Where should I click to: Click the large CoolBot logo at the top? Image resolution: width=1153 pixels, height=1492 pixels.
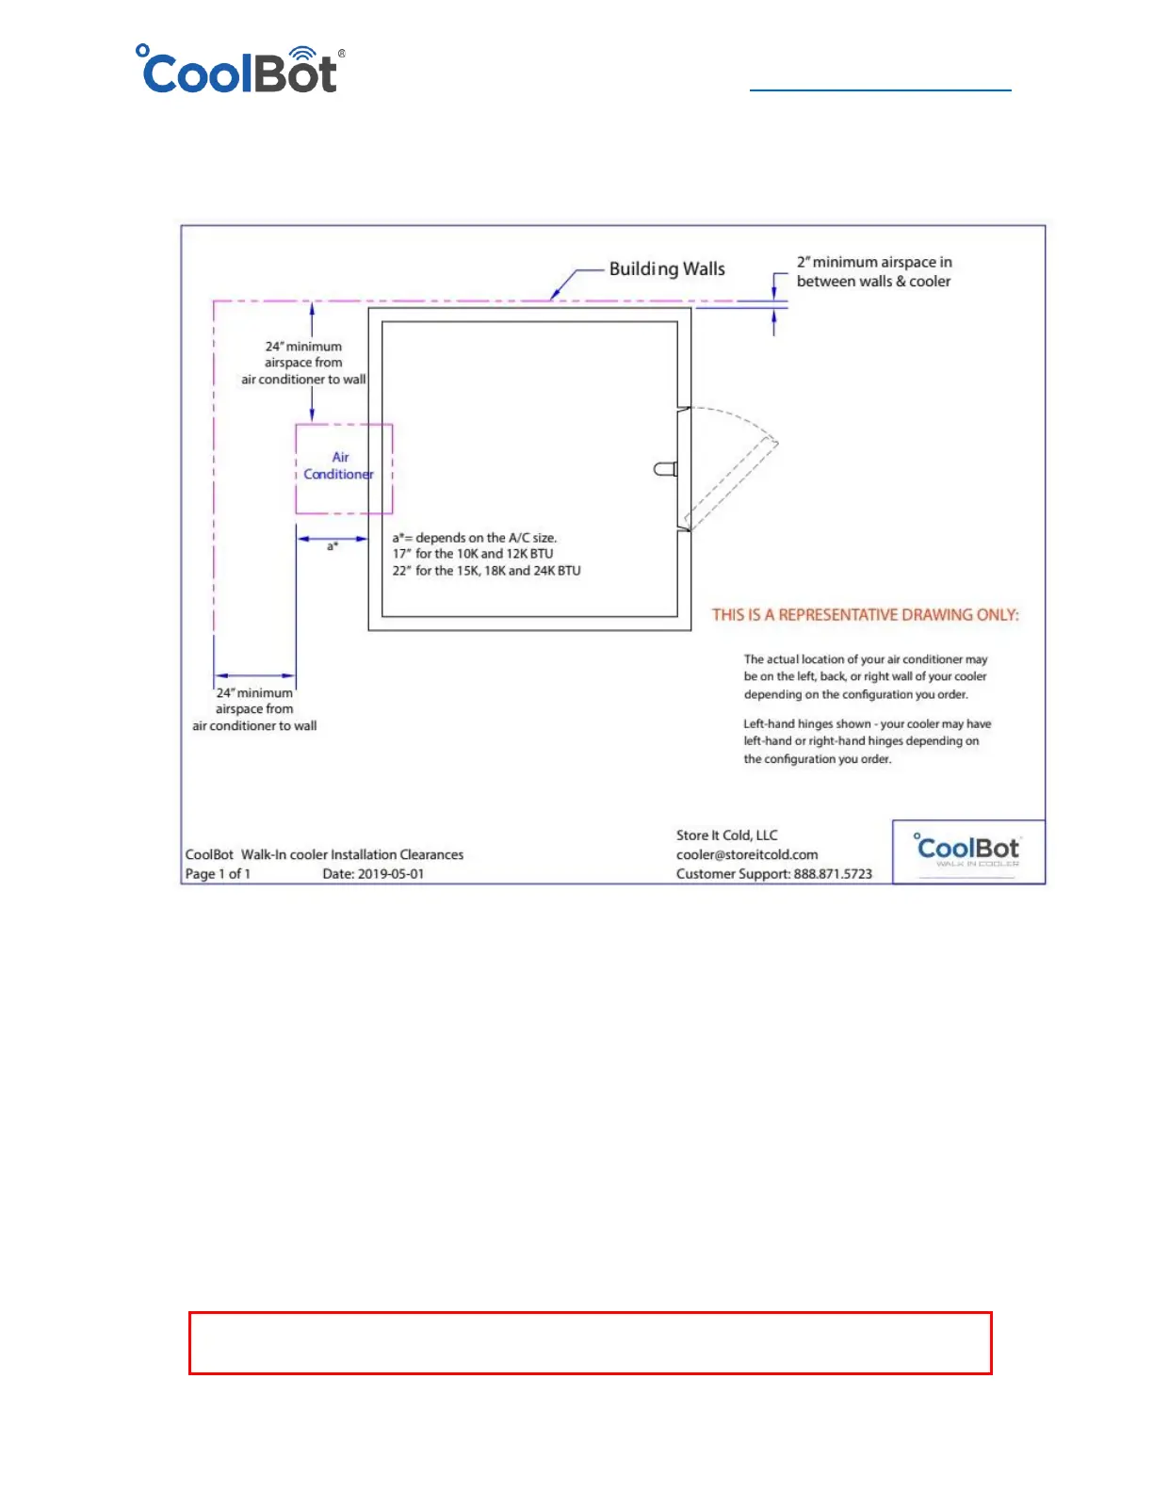click(241, 71)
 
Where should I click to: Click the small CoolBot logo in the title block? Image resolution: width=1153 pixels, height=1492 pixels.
click(967, 851)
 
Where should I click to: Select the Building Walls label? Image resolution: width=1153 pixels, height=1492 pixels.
click(667, 268)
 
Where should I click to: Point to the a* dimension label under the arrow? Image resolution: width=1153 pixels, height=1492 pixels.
click(333, 546)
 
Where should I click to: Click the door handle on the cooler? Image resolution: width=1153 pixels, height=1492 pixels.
click(666, 468)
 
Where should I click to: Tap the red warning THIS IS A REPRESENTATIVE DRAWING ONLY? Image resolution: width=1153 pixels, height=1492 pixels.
click(865, 615)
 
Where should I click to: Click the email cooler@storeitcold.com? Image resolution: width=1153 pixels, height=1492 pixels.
click(747, 854)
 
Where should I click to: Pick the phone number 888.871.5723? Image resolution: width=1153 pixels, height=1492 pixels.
click(833, 874)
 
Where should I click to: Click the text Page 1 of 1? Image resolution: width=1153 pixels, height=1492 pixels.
click(218, 874)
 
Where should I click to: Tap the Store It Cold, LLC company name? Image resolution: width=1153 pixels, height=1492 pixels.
click(726, 835)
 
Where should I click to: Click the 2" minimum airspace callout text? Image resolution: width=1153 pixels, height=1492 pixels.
click(873, 271)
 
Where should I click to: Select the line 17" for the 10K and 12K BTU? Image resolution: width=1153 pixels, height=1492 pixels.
click(473, 554)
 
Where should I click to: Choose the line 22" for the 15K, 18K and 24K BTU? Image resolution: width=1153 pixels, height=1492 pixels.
click(486, 571)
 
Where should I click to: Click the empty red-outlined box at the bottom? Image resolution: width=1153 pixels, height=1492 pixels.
click(590, 1342)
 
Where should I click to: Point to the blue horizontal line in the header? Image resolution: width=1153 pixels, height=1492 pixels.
click(880, 90)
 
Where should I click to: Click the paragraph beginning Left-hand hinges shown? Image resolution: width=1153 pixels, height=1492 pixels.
click(867, 741)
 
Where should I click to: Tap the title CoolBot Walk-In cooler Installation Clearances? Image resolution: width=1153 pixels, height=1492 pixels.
click(324, 854)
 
